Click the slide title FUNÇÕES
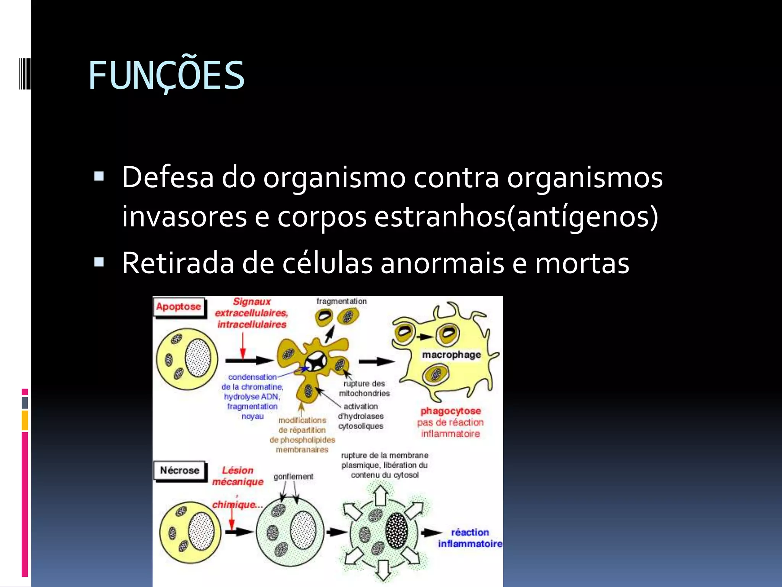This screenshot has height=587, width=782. (166, 76)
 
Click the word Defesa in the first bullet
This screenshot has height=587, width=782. (168, 178)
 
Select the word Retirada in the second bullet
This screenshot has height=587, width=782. (178, 263)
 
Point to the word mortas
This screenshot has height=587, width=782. (582, 263)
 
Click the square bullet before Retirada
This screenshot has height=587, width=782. (99, 262)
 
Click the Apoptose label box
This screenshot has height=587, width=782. (178, 306)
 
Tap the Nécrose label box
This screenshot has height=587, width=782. (179, 470)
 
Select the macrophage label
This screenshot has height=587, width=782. (451, 355)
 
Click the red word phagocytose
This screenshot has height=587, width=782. (451, 411)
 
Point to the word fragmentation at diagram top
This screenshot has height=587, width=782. (341, 301)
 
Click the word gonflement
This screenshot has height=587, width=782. (293, 477)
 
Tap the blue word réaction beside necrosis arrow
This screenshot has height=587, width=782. (470, 532)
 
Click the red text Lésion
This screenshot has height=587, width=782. (238, 470)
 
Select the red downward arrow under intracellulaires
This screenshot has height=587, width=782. (242, 345)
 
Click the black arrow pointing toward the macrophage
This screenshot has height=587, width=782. (376, 361)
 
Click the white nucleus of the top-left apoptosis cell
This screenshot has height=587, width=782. (198, 358)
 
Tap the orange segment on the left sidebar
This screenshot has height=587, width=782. (25, 420)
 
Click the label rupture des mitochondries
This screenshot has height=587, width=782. (364, 388)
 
